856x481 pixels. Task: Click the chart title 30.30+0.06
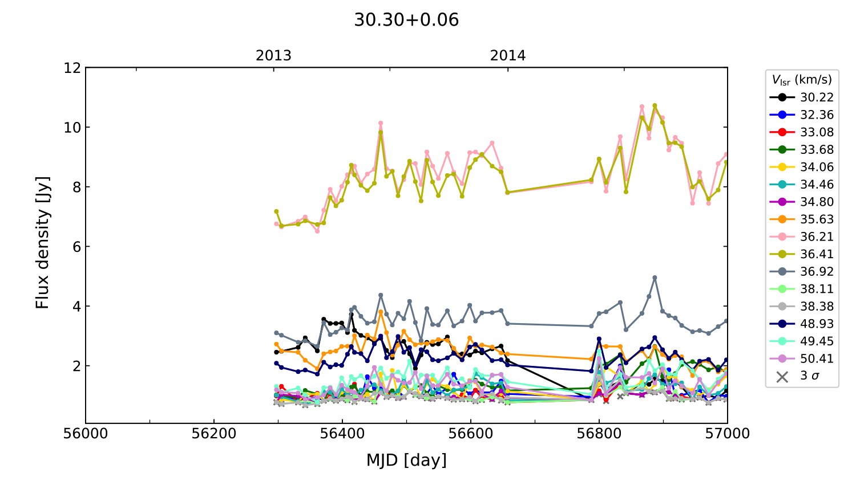pyautogui.click(x=406, y=20)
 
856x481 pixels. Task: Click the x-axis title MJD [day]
pyautogui.click(x=406, y=460)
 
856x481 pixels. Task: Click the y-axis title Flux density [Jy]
pyautogui.click(x=43, y=243)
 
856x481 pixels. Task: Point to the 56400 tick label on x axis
pyautogui.click(x=342, y=434)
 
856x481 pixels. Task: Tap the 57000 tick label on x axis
pyautogui.click(x=727, y=434)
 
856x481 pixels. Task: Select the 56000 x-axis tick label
pyautogui.click(x=86, y=434)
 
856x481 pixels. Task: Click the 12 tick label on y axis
pyautogui.click(x=72, y=68)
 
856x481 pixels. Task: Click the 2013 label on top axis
pyautogui.click(x=273, y=56)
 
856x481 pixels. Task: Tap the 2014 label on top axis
pyautogui.click(x=508, y=56)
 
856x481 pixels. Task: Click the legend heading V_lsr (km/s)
pyautogui.click(x=802, y=80)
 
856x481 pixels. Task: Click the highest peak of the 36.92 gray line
pyautogui.click(x=655, y=278)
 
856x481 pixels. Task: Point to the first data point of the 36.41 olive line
pyautogui.click(x=276, y=211)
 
